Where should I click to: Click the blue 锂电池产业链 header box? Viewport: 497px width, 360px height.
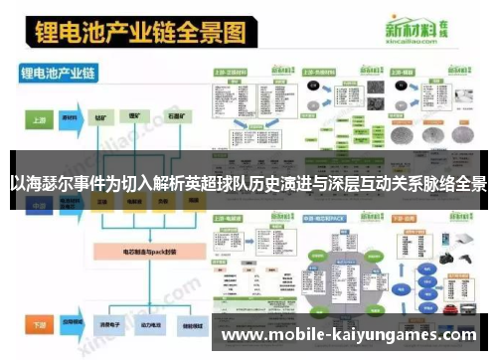(x=60, y=73)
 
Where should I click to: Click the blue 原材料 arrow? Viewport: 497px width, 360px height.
(x=71, y=117)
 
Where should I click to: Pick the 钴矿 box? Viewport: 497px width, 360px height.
(x=103, y=117)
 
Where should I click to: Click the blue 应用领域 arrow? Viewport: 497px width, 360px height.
(x=71, y=323)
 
